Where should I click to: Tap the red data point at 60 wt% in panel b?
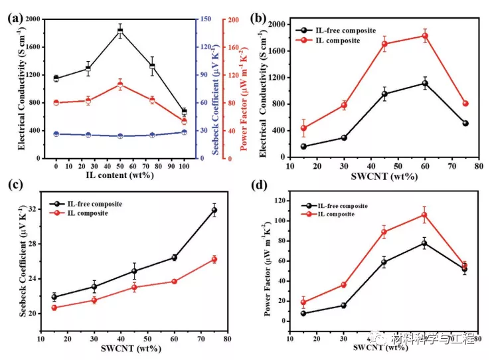(425, 36)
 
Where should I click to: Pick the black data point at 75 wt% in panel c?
(214, 210)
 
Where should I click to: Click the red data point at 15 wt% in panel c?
(54, 308)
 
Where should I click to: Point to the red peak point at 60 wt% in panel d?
(424, 215)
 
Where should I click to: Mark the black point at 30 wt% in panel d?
(344, 306)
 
